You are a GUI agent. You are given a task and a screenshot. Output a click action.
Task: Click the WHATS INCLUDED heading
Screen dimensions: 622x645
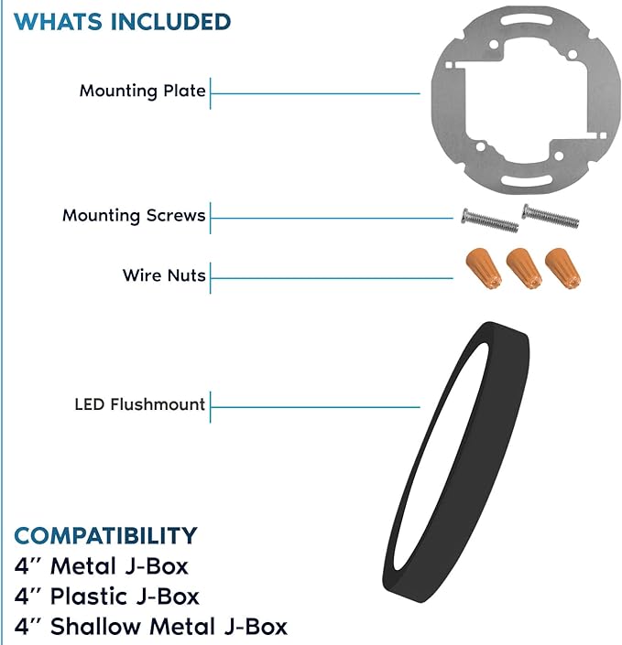pyautogui.click(x=123, y=22)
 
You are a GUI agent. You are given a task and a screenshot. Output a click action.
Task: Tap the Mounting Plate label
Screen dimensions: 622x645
pyautogui.click(x=143, y=91)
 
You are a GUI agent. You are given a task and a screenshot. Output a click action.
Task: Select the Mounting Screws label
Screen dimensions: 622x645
pyautogui.click(x=134, y=216)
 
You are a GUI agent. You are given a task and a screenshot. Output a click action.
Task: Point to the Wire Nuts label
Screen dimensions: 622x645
pyautogui.click(x=164, y=275)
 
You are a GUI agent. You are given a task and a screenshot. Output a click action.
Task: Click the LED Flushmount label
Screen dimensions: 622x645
pyautogui.click(x=139, y=404)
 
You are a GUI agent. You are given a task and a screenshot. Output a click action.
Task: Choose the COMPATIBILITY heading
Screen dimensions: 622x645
pyautogui.click(x=106, y=535)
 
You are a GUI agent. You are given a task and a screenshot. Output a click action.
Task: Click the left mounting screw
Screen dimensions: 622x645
pyautogui.click(x=490, y=220)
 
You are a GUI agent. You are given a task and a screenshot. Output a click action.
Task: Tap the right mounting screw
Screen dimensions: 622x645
pyautogui.click(x=551, y=216)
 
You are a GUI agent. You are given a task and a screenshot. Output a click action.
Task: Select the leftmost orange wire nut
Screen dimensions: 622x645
pyautogui.click(x=484, y=268)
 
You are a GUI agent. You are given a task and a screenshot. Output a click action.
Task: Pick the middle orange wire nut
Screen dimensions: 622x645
pyautogui.click(x=524, y=268)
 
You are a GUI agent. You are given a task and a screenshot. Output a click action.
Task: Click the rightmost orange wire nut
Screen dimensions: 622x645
pyautogui.click(x=563, y=268)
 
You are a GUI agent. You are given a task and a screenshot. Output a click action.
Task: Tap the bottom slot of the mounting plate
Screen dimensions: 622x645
pyautogui.click(x=527, y=179)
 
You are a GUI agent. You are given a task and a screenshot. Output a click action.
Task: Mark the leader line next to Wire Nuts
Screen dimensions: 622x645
pyautogui.click(x=332, y=278)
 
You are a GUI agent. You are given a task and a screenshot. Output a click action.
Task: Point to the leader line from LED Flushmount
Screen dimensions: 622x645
pyautogui.click(x=315, y=407)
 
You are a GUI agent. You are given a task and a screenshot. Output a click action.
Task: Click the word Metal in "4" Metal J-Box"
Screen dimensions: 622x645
pyautogui.click(x=83, y=566)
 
